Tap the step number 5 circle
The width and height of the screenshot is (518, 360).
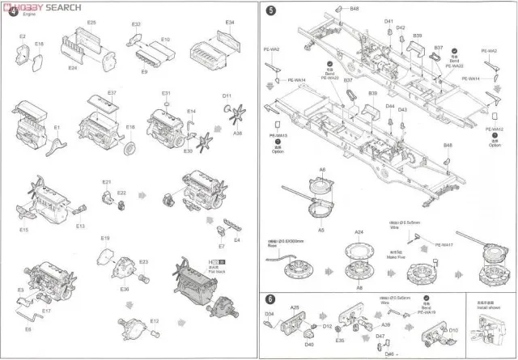click(x=270, y=11)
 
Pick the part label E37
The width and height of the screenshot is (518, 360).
click(x=112, y=93)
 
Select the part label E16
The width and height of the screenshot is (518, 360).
click(x=130, y=127)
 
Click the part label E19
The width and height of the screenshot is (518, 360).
click(x=104, y=238)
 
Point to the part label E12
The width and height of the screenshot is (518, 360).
click(x=154, y=322)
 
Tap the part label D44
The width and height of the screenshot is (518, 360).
click(x=390, y=106)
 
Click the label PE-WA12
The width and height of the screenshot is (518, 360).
click(x=495, y=129)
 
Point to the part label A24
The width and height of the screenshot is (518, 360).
click(x=359, y=231)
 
